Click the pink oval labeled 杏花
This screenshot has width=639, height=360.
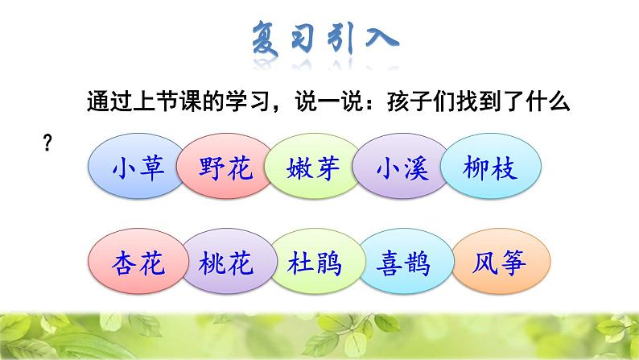pyautogui.click(x=137, y=263)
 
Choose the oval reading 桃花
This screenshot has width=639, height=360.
pyautogui.click(x=225, y=263)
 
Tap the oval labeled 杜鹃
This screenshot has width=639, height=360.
pyautogui.click(x=314, y=263)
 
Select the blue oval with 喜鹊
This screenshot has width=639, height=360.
pyautogui.click(x=402, y=263)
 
